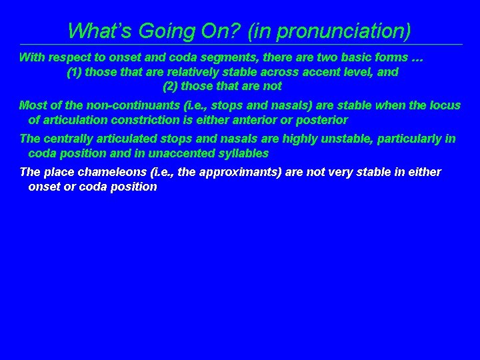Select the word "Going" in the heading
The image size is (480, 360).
pos(157,31)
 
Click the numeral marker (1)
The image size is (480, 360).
pos(75,72)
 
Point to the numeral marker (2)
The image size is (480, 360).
pos(170,86)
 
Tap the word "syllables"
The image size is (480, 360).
pos(243,153)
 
